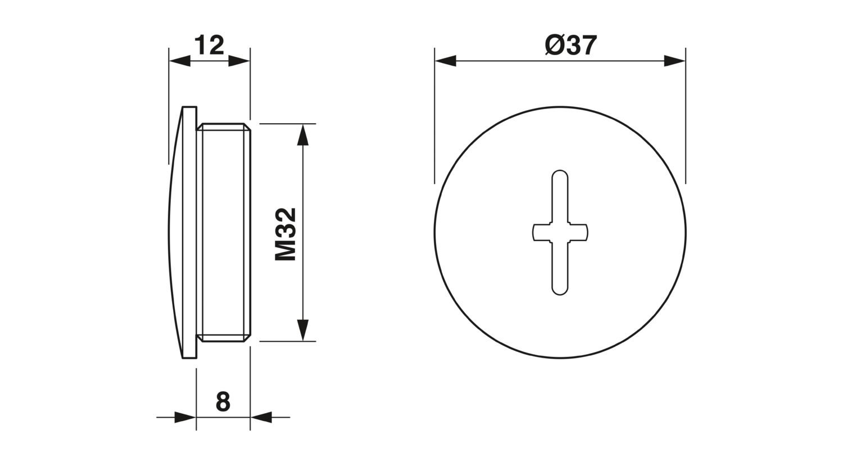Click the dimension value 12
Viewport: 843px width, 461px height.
tap(209, 45)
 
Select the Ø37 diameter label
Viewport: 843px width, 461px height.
tap(571, 46)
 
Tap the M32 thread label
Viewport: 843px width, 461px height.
tap(285, 234)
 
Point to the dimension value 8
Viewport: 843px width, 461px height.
tap(223, 401)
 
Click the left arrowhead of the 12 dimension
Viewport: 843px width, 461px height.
tap(180, 61)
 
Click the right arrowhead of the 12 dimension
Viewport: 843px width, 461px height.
tap(239, 61)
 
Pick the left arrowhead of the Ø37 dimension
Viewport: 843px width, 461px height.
tap(446, 61)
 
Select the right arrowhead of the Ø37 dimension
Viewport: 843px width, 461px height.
tap(674, 61)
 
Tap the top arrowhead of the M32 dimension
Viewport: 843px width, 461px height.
tap(302, 134)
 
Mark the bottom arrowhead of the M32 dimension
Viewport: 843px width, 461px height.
tap(302, 331)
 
